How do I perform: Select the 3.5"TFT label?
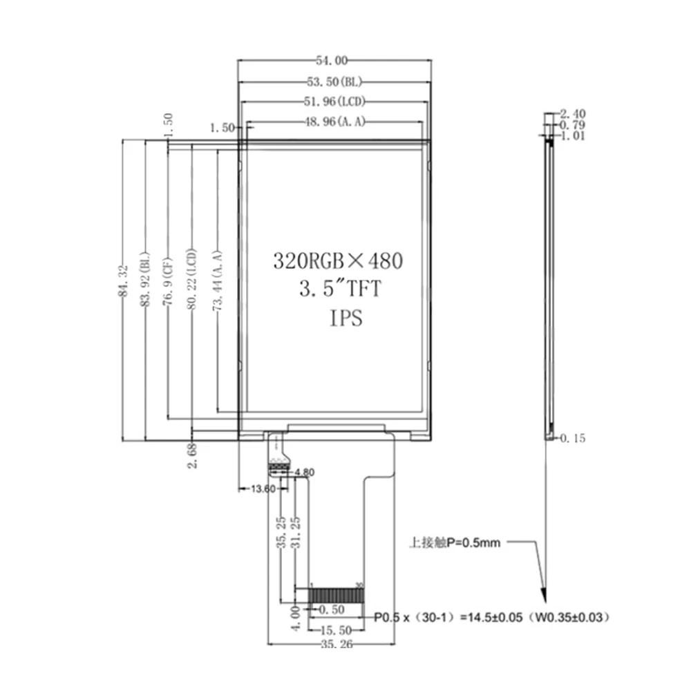coord(339,288)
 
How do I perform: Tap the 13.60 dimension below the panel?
coord(263,489)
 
